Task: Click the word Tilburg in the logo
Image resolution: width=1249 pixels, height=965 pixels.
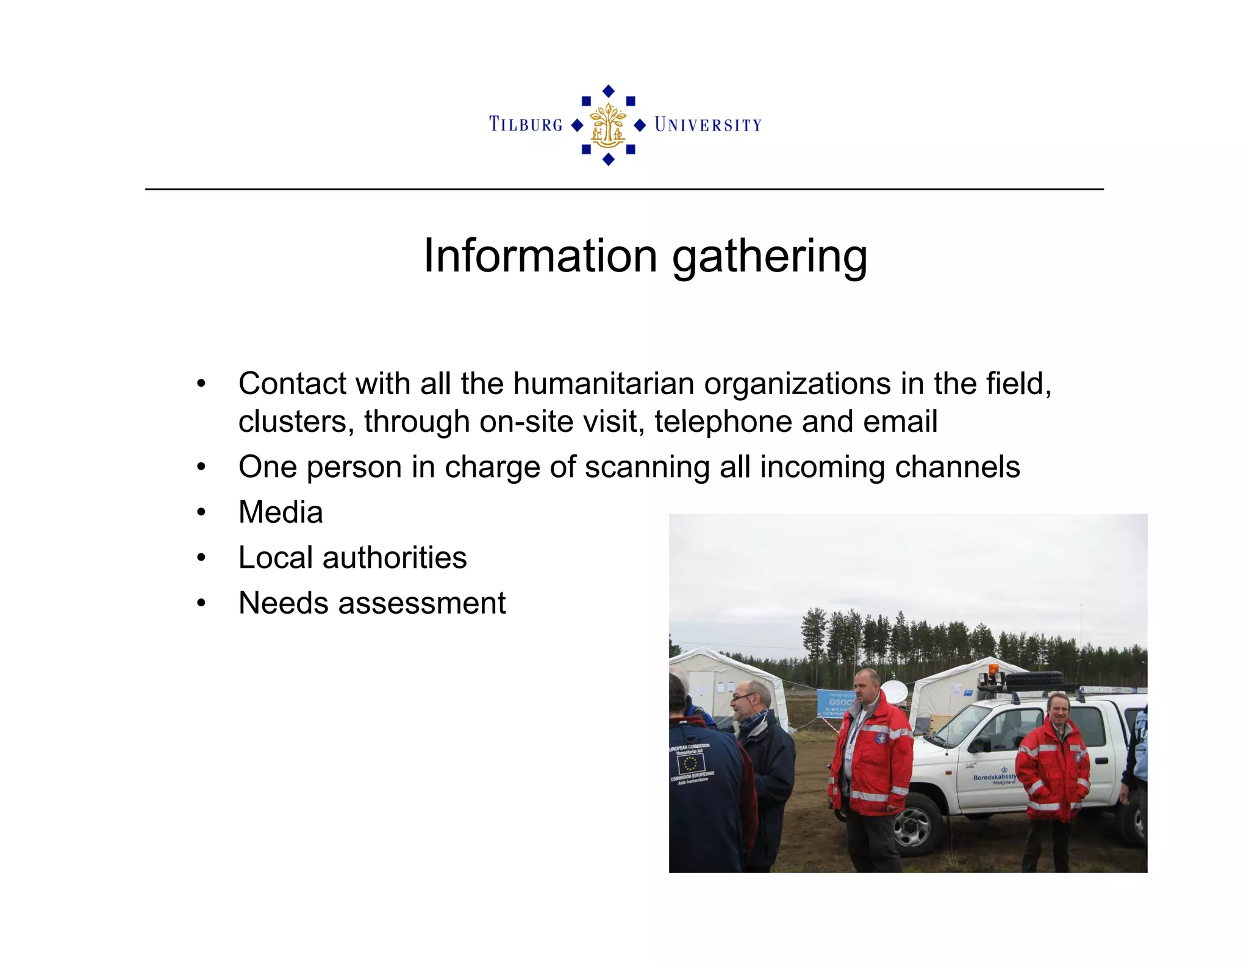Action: point(526,124)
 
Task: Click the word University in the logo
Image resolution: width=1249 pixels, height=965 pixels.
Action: point(708,125)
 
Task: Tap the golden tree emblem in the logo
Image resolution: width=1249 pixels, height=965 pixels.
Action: point(608,126)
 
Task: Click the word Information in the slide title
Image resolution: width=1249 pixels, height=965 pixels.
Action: point(540,256)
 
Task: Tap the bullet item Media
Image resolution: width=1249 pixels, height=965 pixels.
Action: point(281,512)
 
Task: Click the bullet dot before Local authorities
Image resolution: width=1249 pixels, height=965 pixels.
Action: point(201,558)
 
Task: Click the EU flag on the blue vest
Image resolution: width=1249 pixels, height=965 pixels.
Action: point(690,763)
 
